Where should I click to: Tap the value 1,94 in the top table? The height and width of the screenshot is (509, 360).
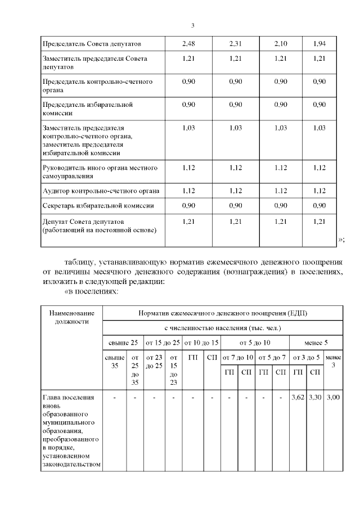[319, 43]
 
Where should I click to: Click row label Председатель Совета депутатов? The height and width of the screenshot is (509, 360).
[91, 43]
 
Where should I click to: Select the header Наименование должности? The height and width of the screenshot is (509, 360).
[71, 317]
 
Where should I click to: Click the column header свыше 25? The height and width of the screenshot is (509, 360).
[123, 343]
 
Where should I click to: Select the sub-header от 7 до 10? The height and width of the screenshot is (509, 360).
[237, 357]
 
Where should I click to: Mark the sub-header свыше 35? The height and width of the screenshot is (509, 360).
[115, 361]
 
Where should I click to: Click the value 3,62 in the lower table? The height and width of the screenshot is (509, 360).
[298, 398]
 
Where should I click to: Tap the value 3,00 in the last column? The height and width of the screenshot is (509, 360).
[334, 398]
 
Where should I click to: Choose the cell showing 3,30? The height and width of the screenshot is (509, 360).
[316, 398]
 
